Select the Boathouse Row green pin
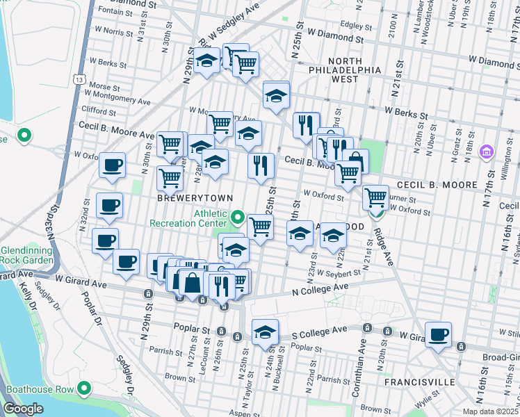coord(85,388)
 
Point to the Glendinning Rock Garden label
coord(26,254)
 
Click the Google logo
coord(23,409)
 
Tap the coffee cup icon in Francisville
coord(439,335)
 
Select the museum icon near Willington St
coord(486,151)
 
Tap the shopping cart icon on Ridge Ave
coord(376,197)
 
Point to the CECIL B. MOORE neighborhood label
coord(437,185)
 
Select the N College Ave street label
coord(319,290)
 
